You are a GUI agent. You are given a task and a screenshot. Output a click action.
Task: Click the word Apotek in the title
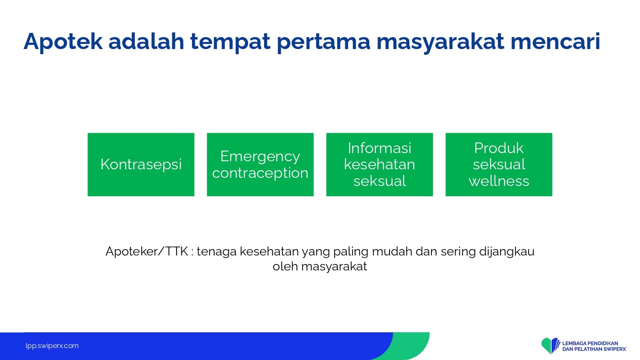tap(63, 42)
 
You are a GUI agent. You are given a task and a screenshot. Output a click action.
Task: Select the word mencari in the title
tap(555, 42)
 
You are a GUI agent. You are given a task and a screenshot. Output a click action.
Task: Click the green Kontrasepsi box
tap(141, 165)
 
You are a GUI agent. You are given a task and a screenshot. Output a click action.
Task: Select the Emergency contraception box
tap(260, 165)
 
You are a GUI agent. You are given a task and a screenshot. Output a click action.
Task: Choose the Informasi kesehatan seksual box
tap(379, 165)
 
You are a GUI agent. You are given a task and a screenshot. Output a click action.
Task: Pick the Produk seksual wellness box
tap(499, 165)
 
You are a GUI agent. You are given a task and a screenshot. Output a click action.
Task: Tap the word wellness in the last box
tap(499, 181)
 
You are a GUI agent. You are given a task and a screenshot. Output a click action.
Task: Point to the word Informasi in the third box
tap(379, 148)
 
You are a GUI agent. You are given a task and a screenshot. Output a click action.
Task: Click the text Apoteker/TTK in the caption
tap(147, 252)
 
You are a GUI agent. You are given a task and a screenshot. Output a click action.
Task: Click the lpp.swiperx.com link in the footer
tap(52, 346)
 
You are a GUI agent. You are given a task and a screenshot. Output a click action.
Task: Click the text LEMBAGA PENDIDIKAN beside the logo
tap(590, 343)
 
